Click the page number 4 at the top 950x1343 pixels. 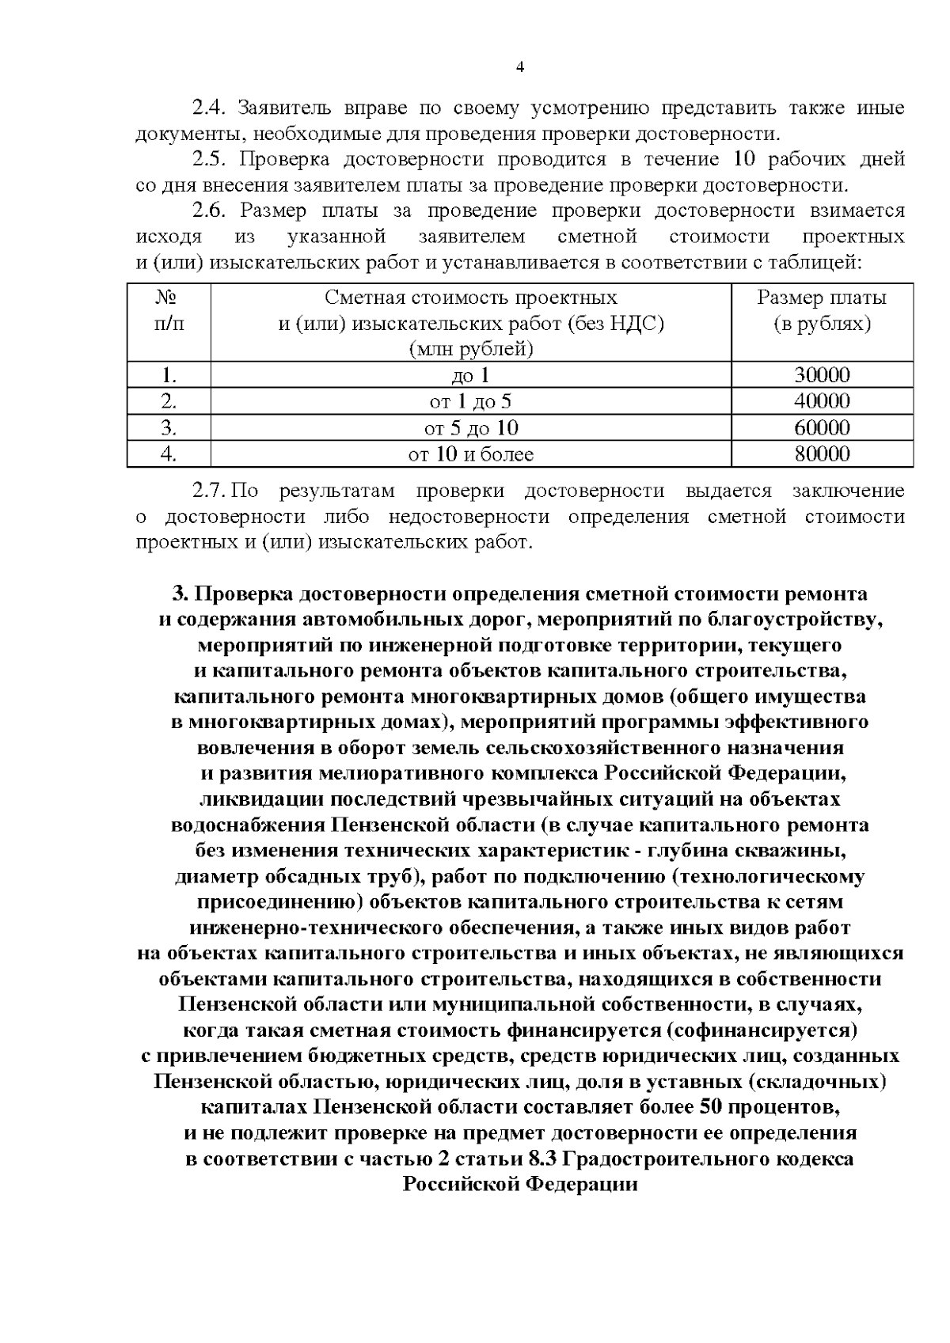tap(520, 68)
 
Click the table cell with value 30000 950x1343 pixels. tap(822, 376)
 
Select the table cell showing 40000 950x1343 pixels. tap(822, 402)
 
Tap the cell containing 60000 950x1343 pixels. tap(822, 428)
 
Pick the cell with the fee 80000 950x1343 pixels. tap(822, 454)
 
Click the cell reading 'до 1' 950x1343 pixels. tap(471, 376)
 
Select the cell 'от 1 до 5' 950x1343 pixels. tap(471, 402)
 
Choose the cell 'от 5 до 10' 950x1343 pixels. tap(471, 428)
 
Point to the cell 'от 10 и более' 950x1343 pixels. tap(471, 454)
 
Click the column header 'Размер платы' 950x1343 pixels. tap(822, 298)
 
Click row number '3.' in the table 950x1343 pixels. tap(168, 428)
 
